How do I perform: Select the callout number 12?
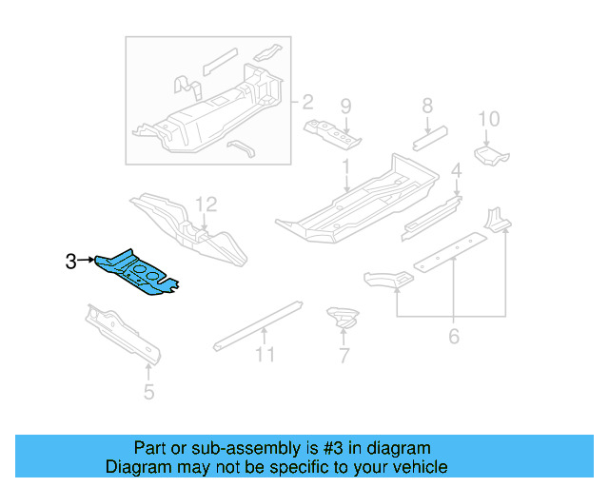tap(206, 204)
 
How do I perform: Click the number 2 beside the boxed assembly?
tap(306, 102)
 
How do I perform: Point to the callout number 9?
tap(345, 106)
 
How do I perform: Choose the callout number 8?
tap(427, 106)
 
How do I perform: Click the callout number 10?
tap(488, 119)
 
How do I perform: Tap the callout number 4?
tap(456, 172)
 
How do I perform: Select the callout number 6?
tap(453, 336)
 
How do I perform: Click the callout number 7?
tap(344, 357)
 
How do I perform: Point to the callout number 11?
tap(265, 355)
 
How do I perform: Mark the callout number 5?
tap(148, 389)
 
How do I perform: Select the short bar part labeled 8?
tap(431, 138)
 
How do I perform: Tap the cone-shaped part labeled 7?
tap(340, 318)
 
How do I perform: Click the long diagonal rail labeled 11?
tap(257, 323)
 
